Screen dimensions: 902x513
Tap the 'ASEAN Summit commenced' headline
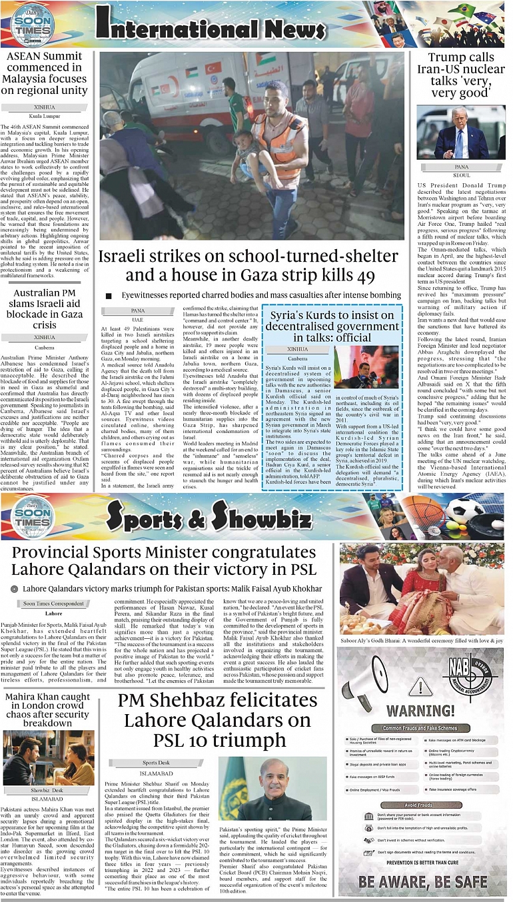(x=44, y=73)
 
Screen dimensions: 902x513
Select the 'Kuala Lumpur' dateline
(x=45, y=116)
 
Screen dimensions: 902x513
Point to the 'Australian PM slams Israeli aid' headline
(x=45, y=308)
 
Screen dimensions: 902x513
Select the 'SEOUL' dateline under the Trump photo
(x=461, y=175)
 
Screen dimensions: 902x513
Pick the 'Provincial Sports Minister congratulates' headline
(x=164, y=561)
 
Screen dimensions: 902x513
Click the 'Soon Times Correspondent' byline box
(x=54, y=604)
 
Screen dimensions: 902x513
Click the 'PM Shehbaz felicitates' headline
(x=218, y=720)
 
